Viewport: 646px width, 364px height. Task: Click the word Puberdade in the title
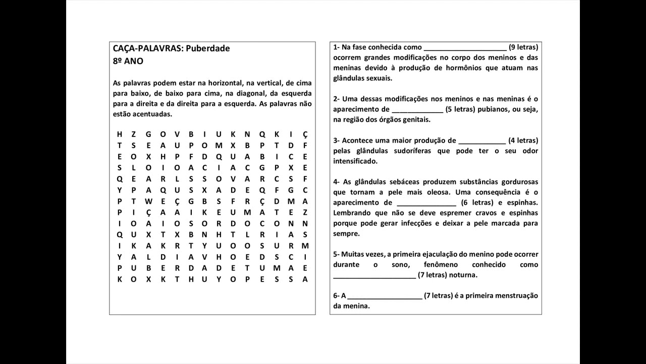pos(208,49)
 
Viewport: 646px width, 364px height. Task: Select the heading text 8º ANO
pos(128,61)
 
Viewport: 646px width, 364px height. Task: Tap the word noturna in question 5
pos(463,275)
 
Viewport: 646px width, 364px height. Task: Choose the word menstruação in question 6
pos(517,296)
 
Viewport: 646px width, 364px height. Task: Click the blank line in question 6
pos(385,298)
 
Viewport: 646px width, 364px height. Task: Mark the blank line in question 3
pos(482,143)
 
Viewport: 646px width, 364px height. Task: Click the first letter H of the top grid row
pos(120,134)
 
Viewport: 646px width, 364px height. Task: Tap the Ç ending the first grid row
pos(305,134)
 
